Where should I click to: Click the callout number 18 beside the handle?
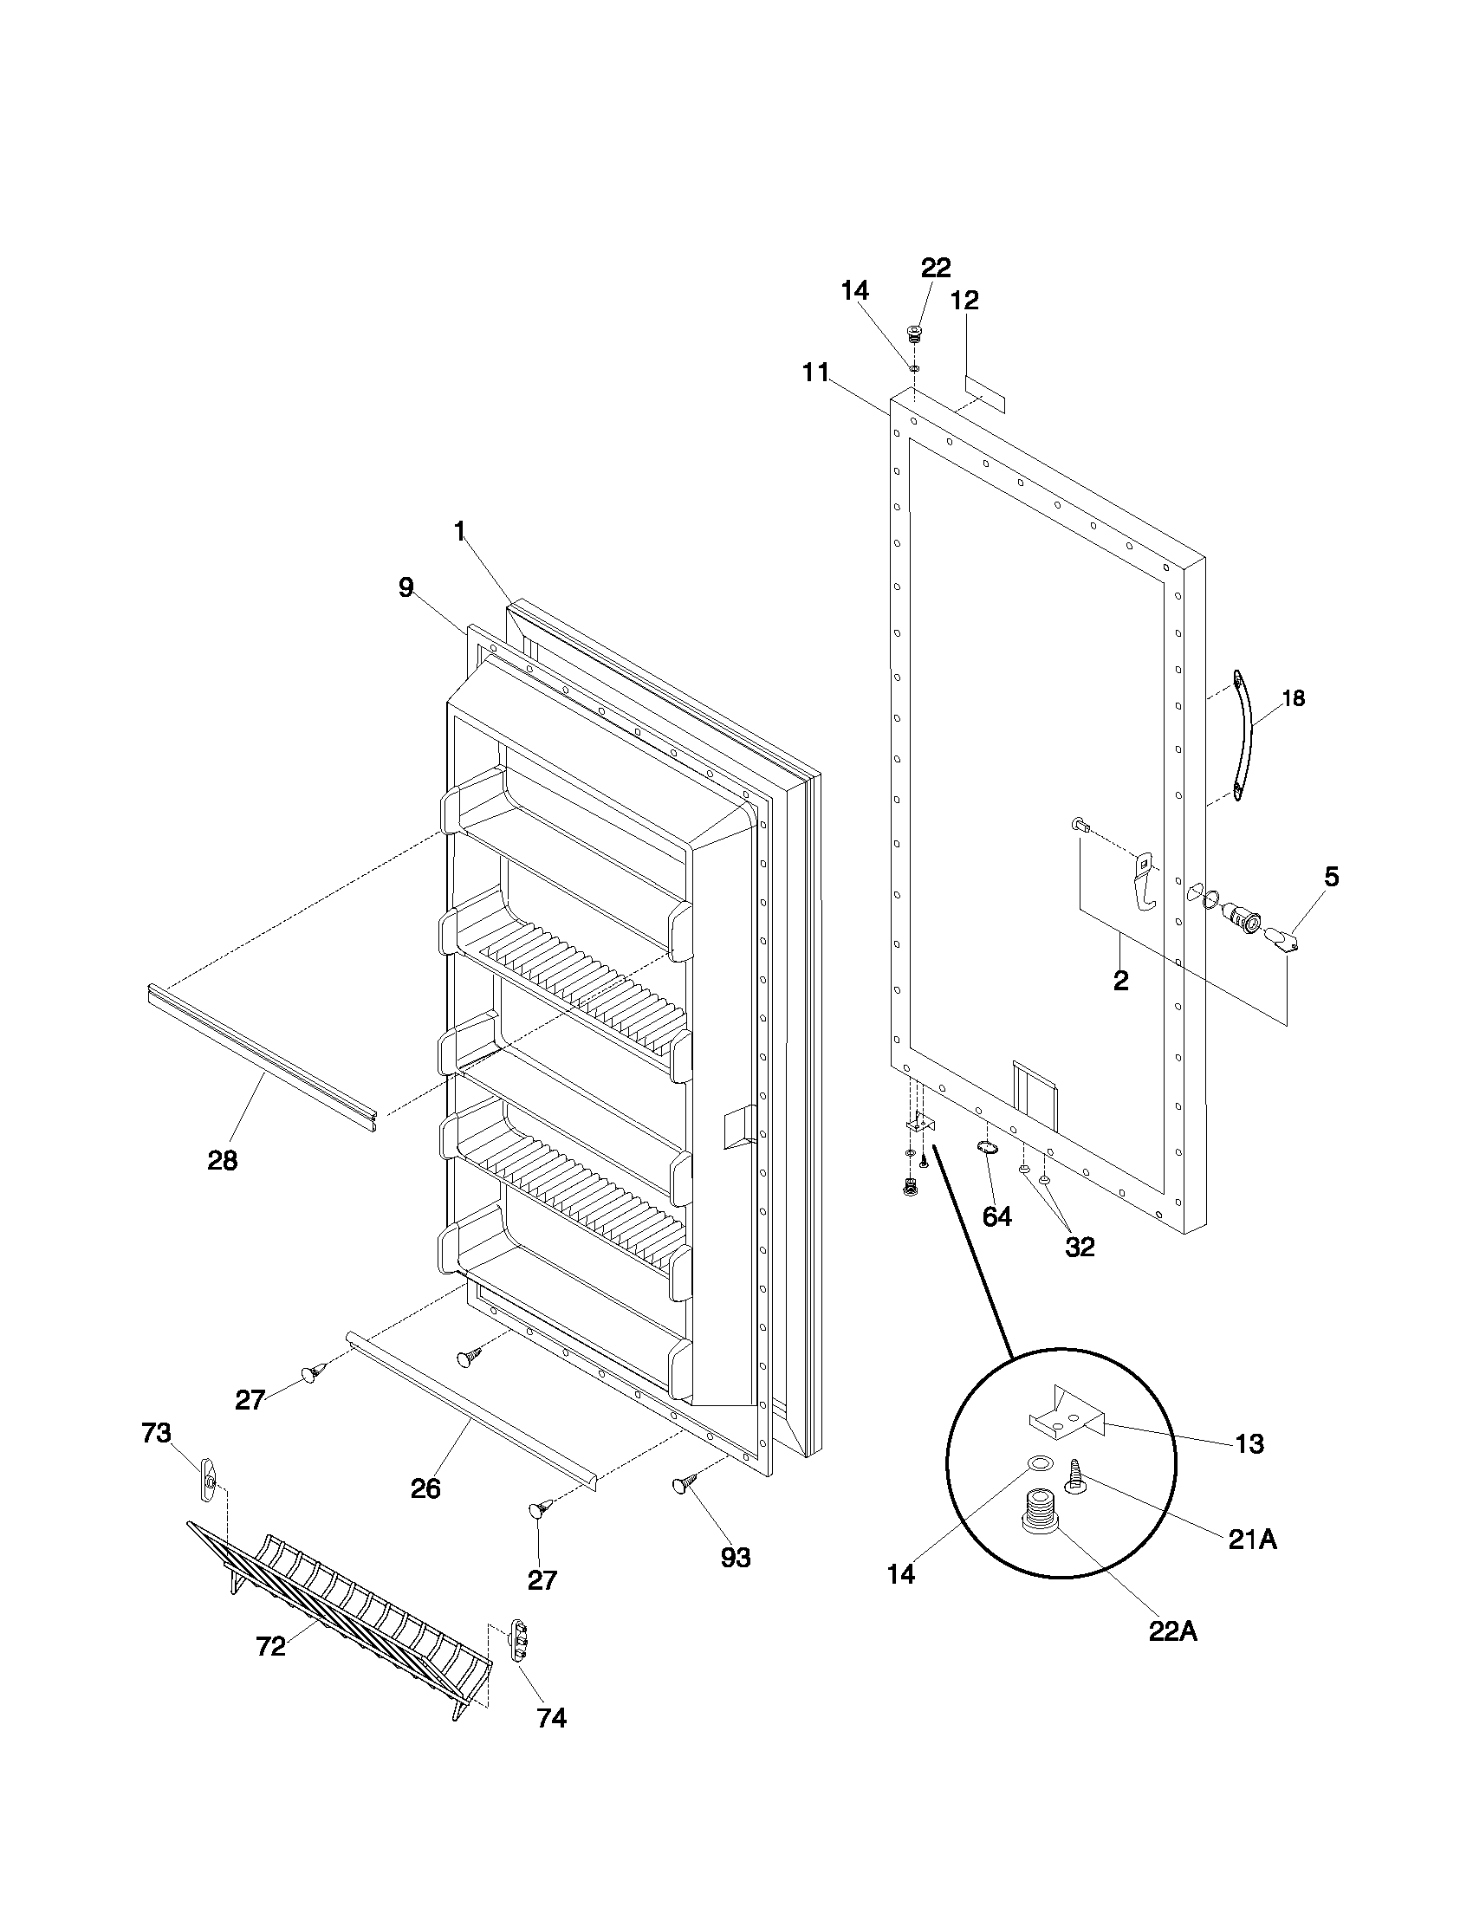[1294, 698]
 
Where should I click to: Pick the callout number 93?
[736, 1557]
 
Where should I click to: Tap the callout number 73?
[156, 1433]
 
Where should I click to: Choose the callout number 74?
[550, 1717]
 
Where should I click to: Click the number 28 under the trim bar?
[222, 1161]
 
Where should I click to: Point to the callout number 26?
[425, 1488]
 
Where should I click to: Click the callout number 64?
[996, 1216]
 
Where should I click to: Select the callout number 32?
[1080, 1247]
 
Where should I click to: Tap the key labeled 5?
[1280, 939]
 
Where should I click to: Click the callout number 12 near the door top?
[964, 301]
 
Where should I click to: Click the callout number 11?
[815, 373]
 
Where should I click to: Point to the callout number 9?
[406, 588]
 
